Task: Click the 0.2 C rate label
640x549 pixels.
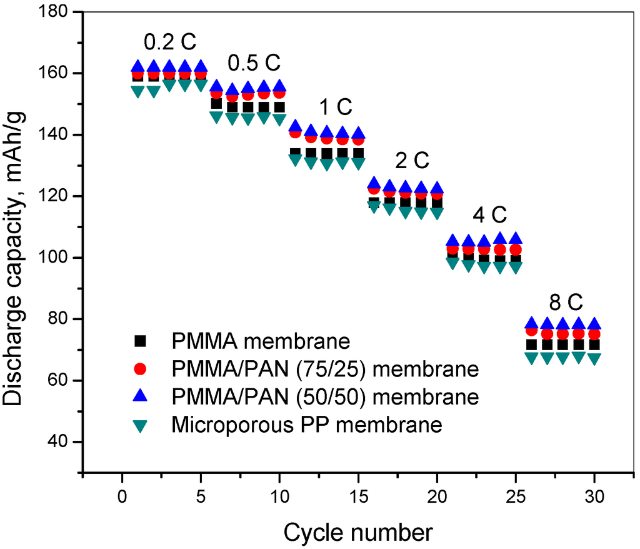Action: point(170,43)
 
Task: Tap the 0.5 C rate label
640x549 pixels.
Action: point(254,64)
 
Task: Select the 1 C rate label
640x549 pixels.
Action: point(336,108)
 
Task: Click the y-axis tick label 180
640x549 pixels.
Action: point(58,13)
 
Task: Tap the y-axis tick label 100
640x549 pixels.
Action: point(58,258)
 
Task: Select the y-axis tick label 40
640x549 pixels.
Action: point(63,442)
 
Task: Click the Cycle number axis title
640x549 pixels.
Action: point(358,533)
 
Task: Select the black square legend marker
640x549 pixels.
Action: point(141,341)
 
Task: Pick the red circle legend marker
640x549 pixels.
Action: point(141,369)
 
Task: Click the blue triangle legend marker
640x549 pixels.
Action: point(141,396)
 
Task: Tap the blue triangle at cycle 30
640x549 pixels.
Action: point(594,323)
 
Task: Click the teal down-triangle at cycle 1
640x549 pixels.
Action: point(138,91)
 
